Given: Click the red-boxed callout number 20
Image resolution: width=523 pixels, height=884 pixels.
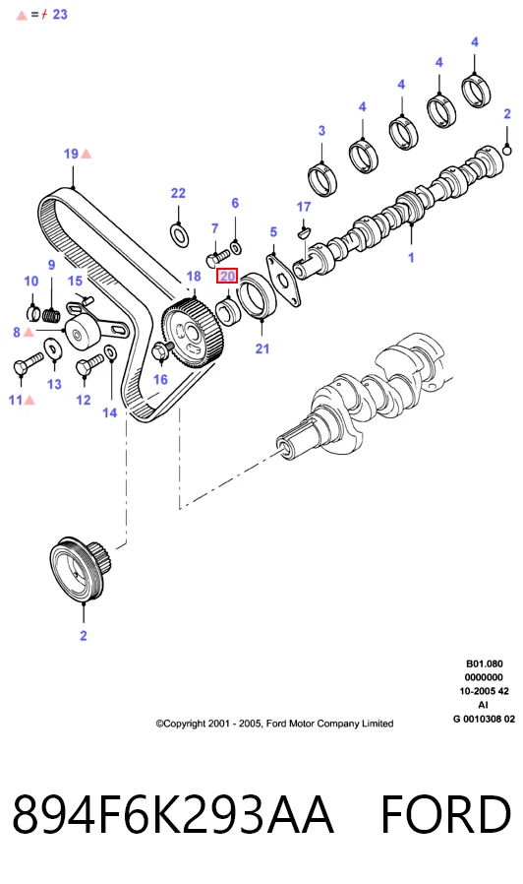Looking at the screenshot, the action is pos(227,277).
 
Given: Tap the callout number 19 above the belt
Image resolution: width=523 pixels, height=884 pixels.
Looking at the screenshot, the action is pos(71,154).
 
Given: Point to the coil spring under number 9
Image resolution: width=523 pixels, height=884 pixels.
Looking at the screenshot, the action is pos(52,316).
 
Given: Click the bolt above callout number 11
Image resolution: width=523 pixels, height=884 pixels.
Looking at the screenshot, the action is pos(29,362).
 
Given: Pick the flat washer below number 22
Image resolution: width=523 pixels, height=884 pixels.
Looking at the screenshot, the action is pos(180,234).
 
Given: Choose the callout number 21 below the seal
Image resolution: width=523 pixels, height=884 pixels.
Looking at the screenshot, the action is pos(262,348).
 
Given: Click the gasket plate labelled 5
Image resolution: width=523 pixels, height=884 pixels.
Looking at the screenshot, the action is pos(284,281).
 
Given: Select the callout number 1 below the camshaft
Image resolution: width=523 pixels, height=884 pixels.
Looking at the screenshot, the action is pos(411,258).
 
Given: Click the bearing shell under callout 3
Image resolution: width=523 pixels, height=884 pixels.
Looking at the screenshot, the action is pos(322,180).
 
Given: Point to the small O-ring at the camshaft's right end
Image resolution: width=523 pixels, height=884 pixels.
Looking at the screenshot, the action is pos(506,151).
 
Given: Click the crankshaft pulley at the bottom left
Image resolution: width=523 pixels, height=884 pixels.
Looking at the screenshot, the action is pos(81,568).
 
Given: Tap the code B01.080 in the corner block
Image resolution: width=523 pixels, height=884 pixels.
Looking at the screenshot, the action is pos(484,663).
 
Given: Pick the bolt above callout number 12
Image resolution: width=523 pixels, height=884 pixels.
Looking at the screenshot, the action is pos(90,363).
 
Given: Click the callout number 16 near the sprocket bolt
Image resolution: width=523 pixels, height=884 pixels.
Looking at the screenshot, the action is pos(160,379).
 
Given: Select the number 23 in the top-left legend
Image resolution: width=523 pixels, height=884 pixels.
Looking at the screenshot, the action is pos(60,14).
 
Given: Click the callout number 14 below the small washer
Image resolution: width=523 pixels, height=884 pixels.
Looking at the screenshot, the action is pos(110,412).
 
